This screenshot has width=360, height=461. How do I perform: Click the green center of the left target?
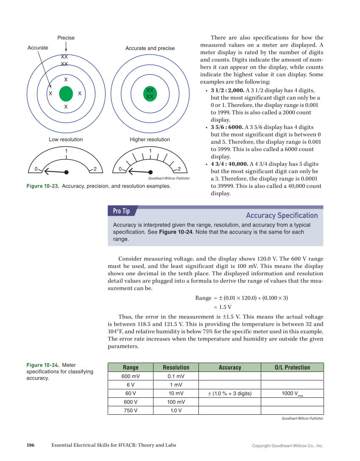tap(66, 93)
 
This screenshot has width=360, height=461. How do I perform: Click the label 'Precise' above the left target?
tap(66, 38)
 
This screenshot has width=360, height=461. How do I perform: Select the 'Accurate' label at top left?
tap(38, 48)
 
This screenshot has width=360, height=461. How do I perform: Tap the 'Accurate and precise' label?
tap(150, 48)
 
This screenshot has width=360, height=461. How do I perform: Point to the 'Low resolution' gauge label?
tap(66, 140)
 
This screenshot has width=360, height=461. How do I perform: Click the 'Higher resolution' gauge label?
tap(150, 140)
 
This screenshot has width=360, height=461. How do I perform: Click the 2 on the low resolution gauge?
tap(95, 170)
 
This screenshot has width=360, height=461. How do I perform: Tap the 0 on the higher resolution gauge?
tap(120, 170)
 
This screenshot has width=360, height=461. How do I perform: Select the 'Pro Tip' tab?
tap(122, 211)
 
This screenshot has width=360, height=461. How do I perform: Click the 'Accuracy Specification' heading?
tap(282, 215)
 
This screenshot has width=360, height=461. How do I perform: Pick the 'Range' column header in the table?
tap(131, 368)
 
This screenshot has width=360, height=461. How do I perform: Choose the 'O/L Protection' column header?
tap(292, 368)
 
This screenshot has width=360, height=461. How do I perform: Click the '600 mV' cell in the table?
tap(131, 376)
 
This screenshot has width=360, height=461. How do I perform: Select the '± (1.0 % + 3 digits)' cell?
tap(229, 394)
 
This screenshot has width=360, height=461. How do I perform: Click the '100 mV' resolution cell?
tap(176, 402)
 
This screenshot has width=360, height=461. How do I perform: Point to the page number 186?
tap(31, 445)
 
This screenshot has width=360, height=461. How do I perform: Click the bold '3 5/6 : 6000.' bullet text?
tap(227, 127)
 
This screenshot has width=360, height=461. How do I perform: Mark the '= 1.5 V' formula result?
tap(223, 307)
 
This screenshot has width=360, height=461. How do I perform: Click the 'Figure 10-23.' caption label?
tap(43, 186)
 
